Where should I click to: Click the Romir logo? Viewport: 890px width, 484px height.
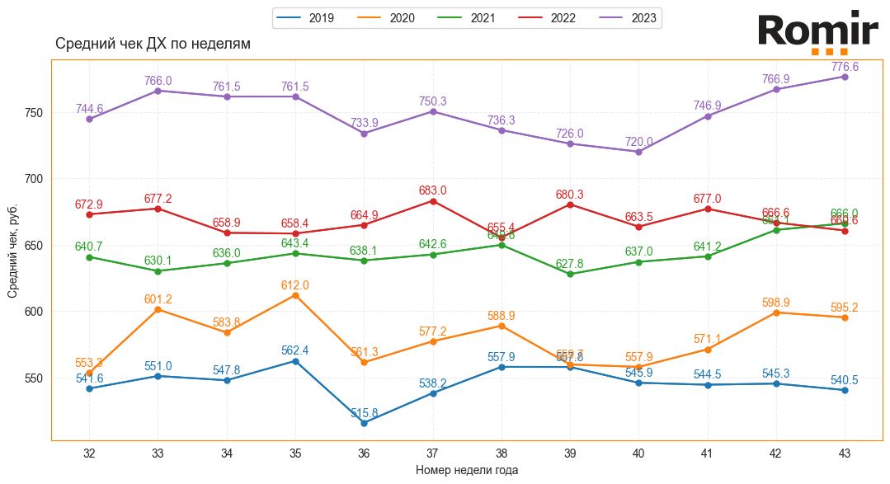click(817, 33)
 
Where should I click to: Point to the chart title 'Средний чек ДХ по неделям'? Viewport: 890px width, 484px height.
click(153, 44)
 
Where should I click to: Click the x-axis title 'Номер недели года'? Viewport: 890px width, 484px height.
click(467, 470)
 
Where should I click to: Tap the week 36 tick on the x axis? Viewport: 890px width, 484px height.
click(364, 453)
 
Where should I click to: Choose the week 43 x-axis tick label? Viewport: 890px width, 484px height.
click(845, 453)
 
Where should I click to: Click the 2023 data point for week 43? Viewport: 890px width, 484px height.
click(845, 77)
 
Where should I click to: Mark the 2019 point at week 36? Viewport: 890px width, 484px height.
click(364, 423)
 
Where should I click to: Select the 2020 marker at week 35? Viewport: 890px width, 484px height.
click(295, 295)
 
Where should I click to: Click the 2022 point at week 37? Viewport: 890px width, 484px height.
click(432, 200)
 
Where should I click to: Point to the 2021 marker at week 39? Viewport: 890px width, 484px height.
click(570, 274)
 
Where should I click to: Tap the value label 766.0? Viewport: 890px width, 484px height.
click(158, 81)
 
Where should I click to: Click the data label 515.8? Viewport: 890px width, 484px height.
click(364, 413)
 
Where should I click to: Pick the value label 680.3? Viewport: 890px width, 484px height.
click(570, 195)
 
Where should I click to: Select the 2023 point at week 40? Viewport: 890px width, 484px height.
click(638, 152)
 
